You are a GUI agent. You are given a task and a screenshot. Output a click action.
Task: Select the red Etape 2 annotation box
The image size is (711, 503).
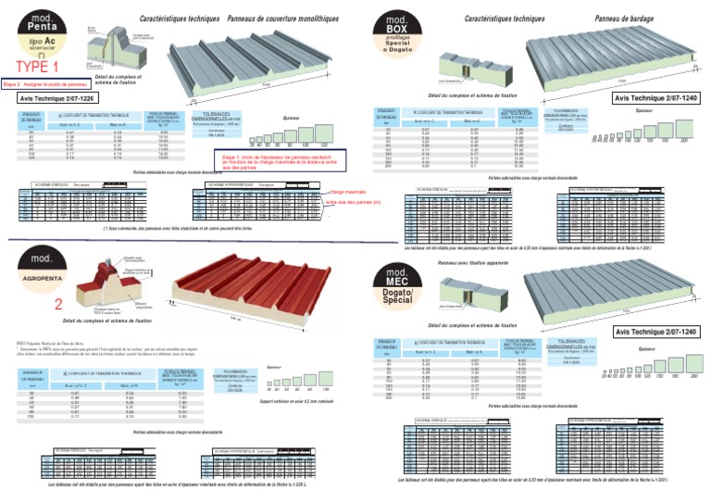45,82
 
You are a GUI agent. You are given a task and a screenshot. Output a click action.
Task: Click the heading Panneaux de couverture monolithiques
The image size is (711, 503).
282,18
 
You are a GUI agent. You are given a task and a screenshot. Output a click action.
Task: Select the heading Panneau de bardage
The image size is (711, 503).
626,18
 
